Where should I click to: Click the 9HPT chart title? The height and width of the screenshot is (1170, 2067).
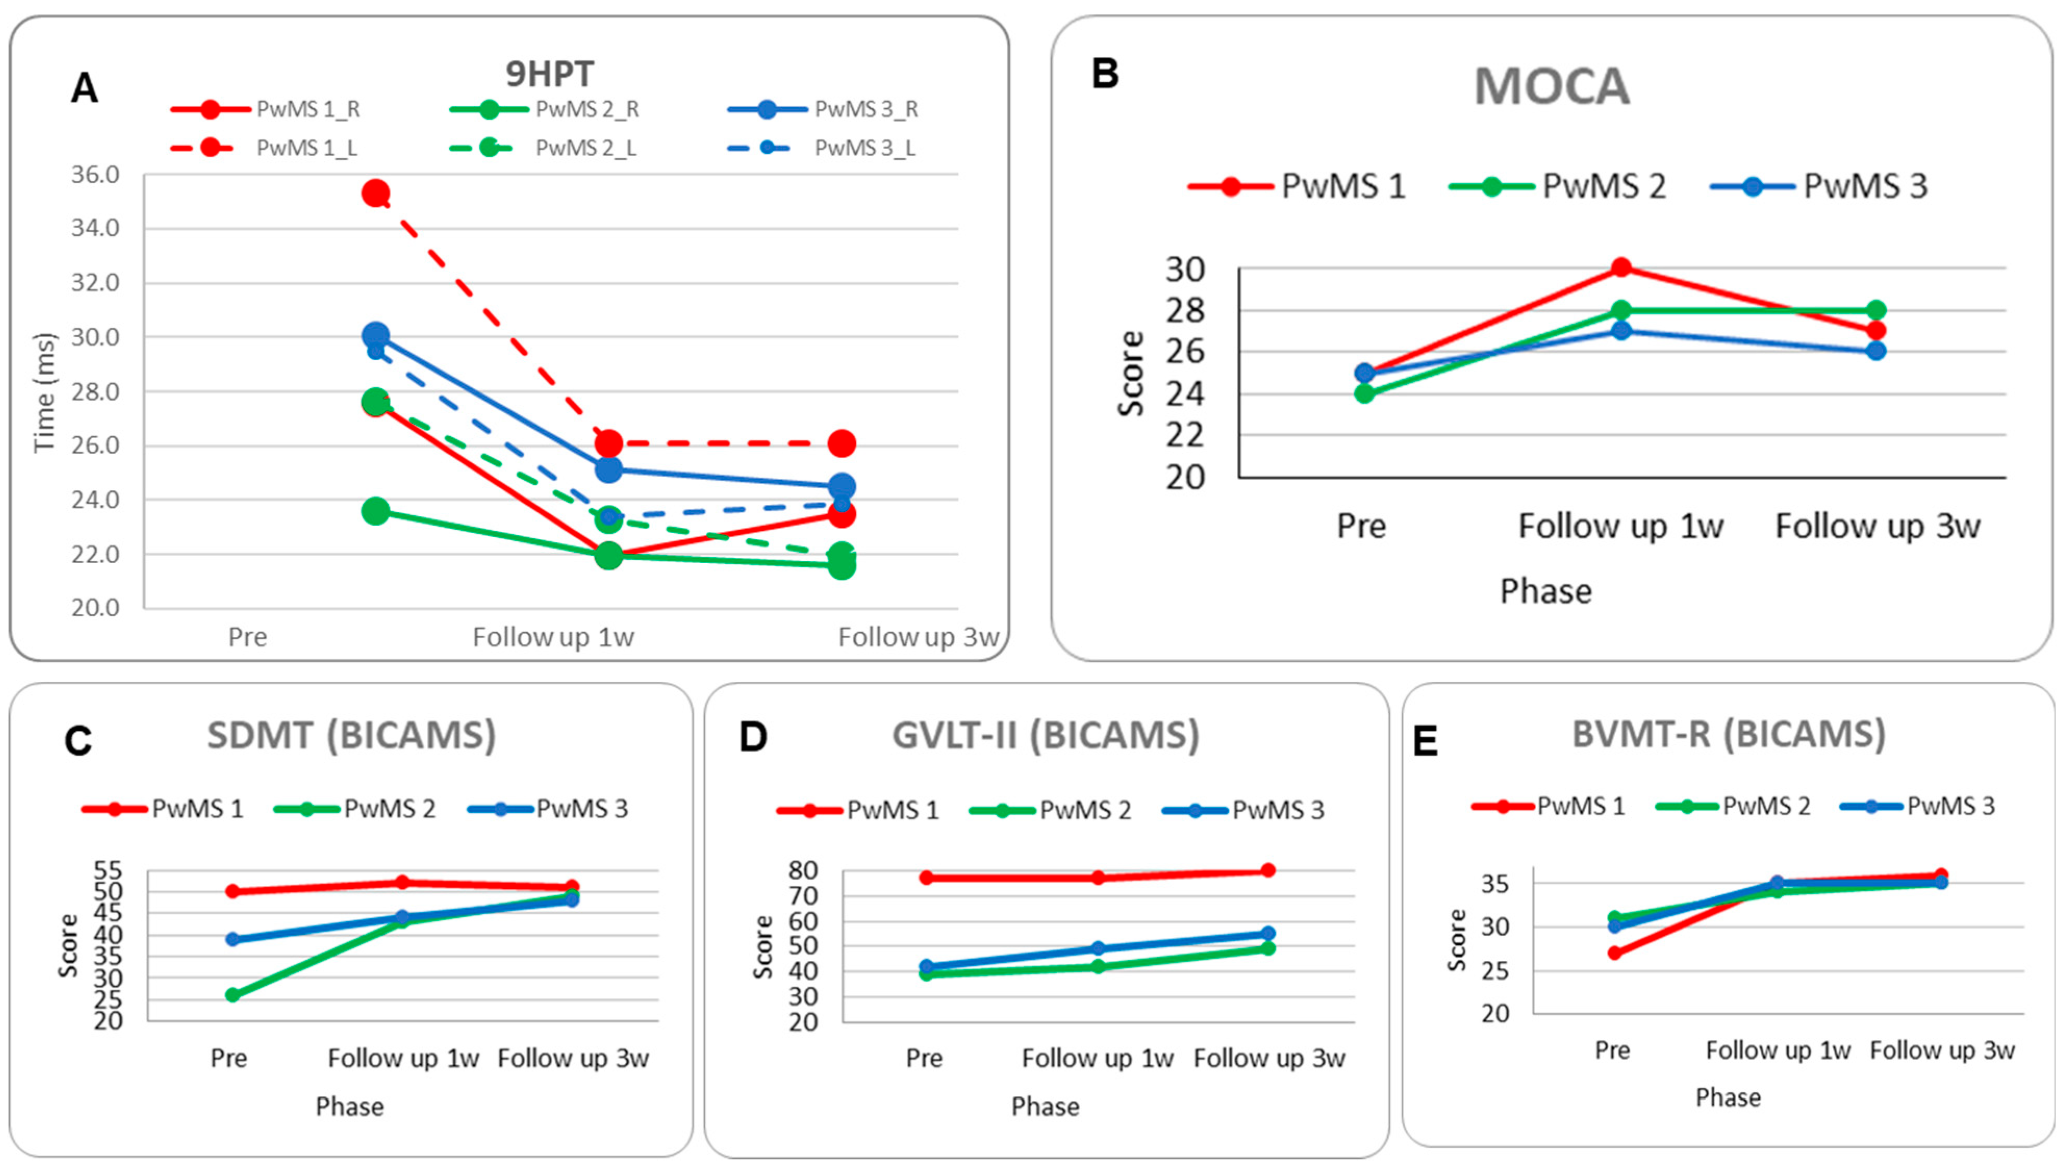point(550,74)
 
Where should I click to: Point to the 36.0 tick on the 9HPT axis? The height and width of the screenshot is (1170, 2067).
point(95,174)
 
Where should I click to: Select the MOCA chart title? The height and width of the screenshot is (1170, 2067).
point(1551,86)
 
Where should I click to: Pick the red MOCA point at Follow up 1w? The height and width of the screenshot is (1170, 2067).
point(1621,268)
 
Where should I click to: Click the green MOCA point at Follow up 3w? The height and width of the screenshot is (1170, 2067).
point(1876,310)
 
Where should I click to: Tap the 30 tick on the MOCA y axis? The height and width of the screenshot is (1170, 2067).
point(1185,269)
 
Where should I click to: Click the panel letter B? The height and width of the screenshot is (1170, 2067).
point(1105,74)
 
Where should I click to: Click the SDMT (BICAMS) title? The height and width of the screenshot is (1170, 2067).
point(351,734)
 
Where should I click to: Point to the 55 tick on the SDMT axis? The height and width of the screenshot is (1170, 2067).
point(108,870)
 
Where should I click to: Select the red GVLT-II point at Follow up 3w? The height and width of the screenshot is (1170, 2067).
point(1268,870)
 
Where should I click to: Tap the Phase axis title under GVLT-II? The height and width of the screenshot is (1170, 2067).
point(1045,1107)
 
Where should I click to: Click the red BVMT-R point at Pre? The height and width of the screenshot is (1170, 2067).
point(1614,953)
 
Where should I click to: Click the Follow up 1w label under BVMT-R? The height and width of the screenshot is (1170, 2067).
point(1778,1050)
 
